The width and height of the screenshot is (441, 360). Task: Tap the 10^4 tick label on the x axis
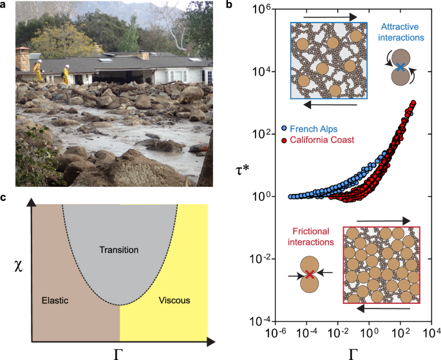(433, 335)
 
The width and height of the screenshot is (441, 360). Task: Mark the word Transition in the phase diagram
(120, 249)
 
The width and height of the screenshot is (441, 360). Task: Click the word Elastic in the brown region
(55, 300)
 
